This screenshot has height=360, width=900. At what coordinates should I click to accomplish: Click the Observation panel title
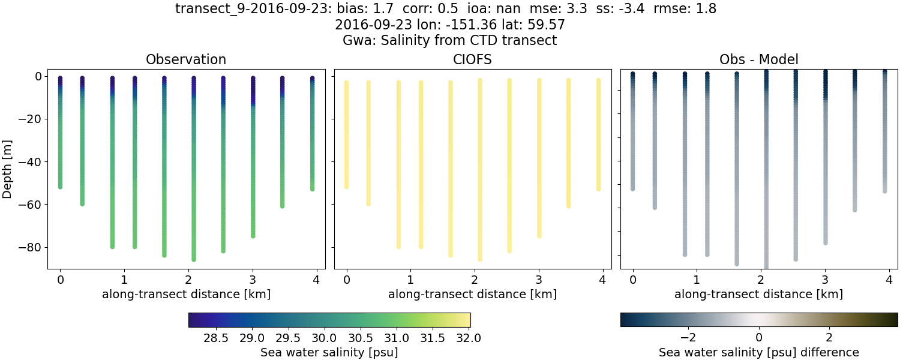tap(186, 60)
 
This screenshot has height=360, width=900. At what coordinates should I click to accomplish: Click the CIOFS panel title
tap(472, 60)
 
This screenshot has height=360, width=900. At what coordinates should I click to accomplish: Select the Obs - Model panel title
tap(758, 60)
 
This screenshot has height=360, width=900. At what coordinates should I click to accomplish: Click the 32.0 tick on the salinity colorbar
tap(469, 338)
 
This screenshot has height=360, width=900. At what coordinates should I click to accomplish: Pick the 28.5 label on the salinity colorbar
tap(216, 338)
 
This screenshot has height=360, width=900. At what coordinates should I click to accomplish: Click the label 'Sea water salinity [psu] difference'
tap(759, 352)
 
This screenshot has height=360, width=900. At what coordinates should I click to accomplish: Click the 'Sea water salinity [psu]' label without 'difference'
tap(329, 352)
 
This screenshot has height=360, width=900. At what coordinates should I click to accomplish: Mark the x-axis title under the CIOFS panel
tap(472, 295)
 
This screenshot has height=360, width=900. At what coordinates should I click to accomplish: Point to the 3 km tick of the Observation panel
tap(253, 280)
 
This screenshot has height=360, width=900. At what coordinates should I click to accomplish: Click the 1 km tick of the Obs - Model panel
tap(697, 280)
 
